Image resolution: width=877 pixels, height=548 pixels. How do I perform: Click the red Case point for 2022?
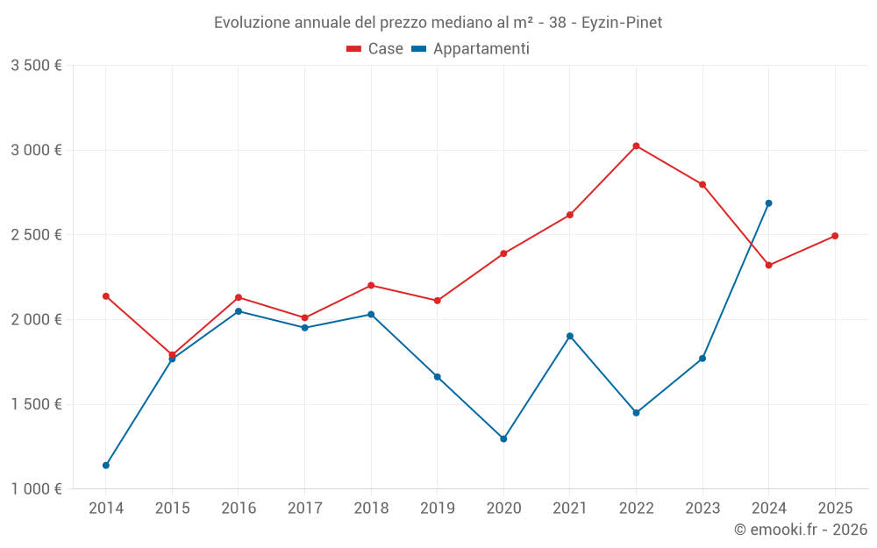(x=636, y=146)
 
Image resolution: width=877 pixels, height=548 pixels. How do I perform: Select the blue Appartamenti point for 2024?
(x=768, y=203)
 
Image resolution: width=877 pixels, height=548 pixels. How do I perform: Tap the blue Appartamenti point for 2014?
(x=106, y=465)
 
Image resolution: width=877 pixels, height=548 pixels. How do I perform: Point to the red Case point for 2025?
(x=835, y=236)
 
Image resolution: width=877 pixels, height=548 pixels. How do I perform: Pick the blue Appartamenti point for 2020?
(x=503, y=438)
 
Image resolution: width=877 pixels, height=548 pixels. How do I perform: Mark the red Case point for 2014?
(x=106, y=296)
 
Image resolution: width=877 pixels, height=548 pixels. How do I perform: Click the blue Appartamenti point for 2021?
(x=570, y=336)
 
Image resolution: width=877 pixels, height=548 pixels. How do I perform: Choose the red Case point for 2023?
(x=702, y=184)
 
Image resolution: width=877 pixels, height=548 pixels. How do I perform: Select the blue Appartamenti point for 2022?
(x=636, y=412)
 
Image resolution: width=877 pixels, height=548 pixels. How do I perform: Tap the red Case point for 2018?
(x=371, y=285)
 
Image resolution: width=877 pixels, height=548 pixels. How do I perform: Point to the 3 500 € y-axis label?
(x=36, y=66)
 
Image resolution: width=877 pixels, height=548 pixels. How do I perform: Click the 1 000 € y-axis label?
(x=36, y=489)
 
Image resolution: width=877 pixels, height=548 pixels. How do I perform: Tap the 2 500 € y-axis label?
(x=36, y=235)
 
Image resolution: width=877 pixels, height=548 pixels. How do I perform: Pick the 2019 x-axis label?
(x=437, y=508)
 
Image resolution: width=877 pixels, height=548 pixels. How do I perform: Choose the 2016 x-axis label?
(x=239, y=508)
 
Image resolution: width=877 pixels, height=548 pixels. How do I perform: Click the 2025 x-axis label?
(x=835, y=508)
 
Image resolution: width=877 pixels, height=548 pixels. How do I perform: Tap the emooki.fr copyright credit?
(x=800, y=530)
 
